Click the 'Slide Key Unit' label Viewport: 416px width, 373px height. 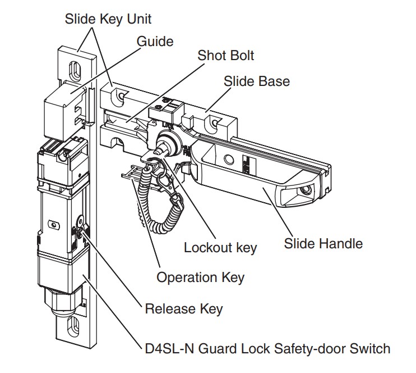[x=108, y=19]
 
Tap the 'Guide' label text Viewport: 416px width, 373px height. [x=155, y=41]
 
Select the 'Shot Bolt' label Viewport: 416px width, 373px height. [x=225, y=55]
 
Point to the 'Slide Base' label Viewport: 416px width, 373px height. [x=257, y=81]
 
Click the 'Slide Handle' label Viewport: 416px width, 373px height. [x=323, y=243]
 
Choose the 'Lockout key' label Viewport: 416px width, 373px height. [x=220, y=248]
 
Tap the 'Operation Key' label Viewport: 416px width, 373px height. [x=200, y=278]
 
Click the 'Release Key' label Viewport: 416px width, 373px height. [x=183, y=308]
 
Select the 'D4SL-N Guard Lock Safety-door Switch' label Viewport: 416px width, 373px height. [x=267, y=348]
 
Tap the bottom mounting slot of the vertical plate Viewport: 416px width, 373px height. [x=73, y=326]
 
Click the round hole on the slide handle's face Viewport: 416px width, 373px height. [x=229, y=160]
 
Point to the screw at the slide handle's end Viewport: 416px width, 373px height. [x=307, y=190]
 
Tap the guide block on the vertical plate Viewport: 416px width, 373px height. [x=64, y=110]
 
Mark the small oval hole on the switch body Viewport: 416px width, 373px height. [x=54, y=225]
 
